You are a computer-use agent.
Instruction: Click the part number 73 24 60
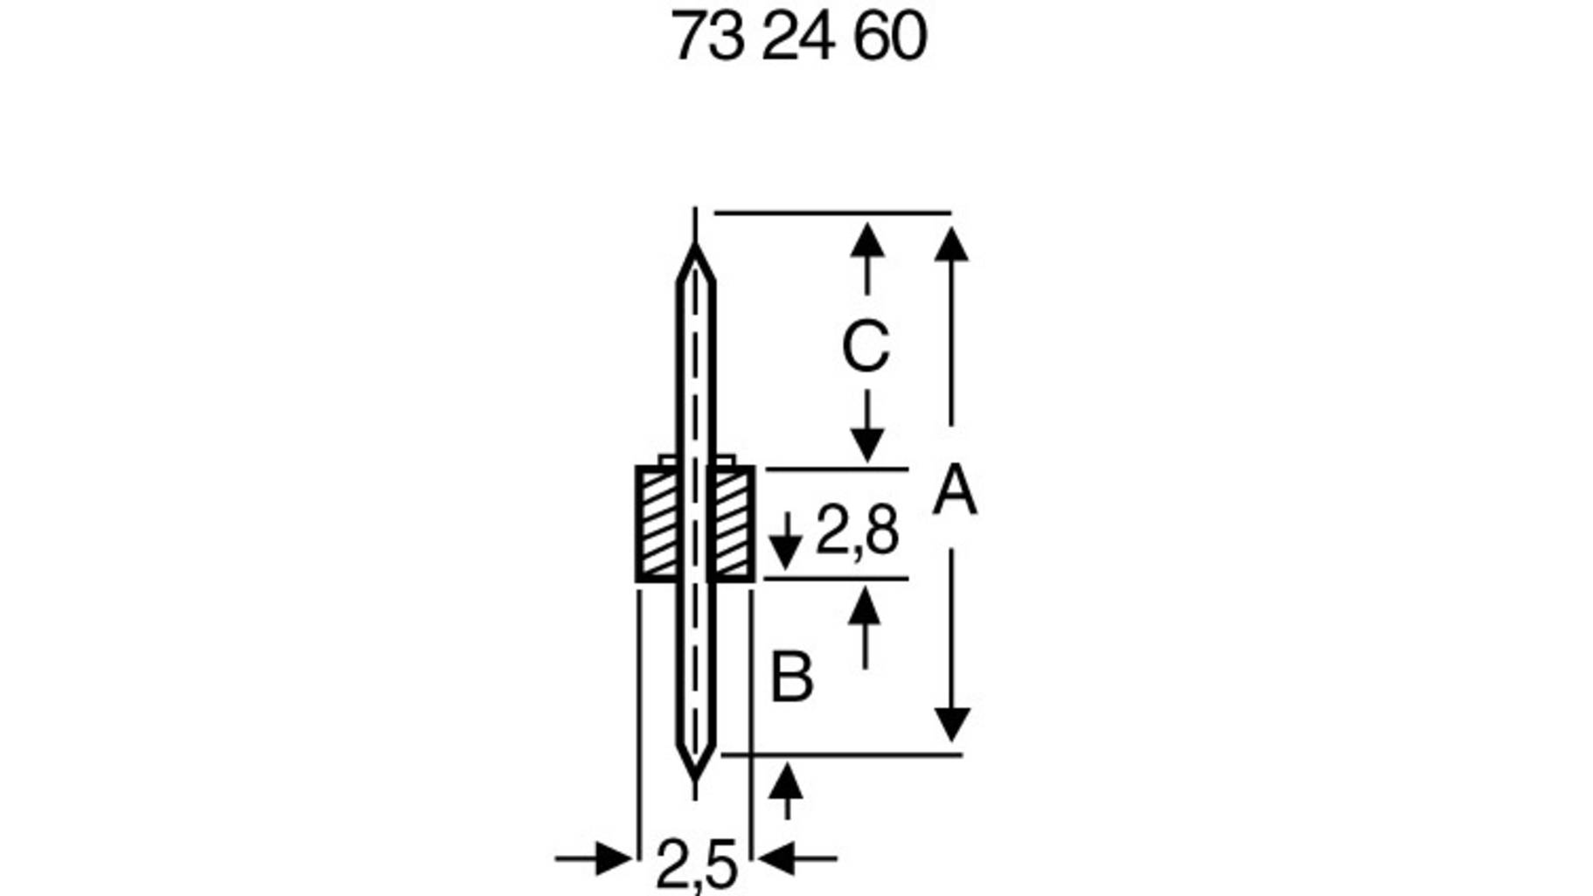(x=797, y=37)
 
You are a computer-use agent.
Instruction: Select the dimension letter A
(x=954, y=491)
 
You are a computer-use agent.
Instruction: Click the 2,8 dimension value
(x=856, y=531)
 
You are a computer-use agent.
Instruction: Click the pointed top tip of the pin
(x=696, y=252)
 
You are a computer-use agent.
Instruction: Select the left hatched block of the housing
(x=658, y=524)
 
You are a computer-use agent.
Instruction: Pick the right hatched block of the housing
(x=732, y=524)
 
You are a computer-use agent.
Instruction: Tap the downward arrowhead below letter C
(x=866, y=445)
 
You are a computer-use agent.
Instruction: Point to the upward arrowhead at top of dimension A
(x=951, y=244)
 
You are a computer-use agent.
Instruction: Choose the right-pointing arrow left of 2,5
(x=613, y=858)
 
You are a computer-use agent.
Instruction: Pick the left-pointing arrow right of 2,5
(x=776, y=858)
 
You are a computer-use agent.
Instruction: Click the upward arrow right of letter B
(x=865, y=605)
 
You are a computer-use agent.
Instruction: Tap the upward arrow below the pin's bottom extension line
(x=786, y=780)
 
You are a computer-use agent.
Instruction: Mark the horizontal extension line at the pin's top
(x=831, y=212)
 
